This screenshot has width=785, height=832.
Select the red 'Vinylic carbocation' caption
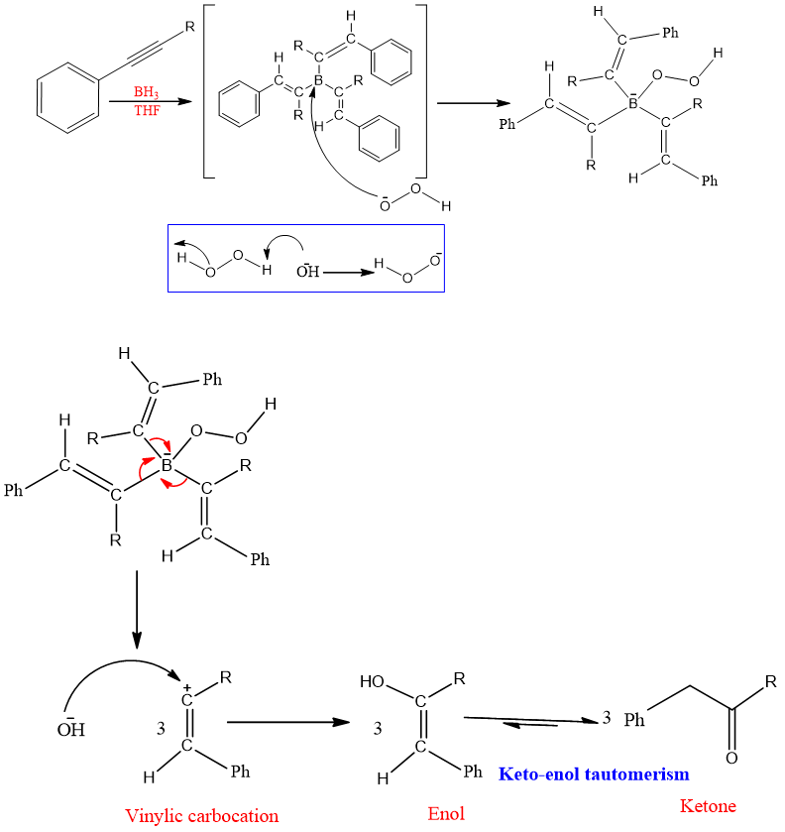coord(202,815)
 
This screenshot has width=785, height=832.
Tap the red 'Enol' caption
coord(446,814)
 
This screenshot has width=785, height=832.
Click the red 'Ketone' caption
coord(708,805)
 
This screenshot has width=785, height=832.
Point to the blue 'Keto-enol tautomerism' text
coord(594,773)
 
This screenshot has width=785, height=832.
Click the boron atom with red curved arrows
coord(167,464)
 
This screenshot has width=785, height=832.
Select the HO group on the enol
coord(374,683)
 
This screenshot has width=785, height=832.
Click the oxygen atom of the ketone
coord(731,759)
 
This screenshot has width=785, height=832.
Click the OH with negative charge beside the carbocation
coord(70,730)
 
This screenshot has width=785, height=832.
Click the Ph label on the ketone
coord(635,720)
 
